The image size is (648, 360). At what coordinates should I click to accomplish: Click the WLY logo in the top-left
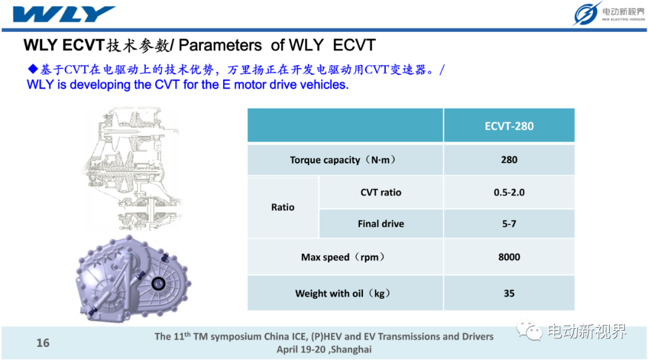(x=64, y=14)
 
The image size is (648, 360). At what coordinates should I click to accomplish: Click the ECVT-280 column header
(x=509, y=125)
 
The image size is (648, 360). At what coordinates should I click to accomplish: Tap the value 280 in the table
(x=509, y=160)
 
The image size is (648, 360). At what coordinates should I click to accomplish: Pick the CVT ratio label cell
(x=380, y=192)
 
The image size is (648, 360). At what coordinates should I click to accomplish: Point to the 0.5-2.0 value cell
(x=509, y=192)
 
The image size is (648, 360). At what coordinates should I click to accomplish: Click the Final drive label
(x=380, y=224)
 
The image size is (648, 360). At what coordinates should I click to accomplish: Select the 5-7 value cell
(x=509, y=224)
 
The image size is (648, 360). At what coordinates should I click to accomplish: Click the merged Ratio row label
(x=283, y=207)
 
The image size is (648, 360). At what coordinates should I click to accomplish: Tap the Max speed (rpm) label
(x=343, y=257)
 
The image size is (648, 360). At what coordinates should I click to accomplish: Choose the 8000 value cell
(x=509, y=257)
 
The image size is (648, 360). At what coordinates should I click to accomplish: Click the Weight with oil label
(x=343, y=293)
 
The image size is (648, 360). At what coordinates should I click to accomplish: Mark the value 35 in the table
(x=509, y=293)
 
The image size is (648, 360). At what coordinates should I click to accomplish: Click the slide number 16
(x=43, y=343)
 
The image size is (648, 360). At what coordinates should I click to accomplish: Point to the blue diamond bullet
(x=32, y=68)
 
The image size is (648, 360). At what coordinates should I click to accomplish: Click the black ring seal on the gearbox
(x=158, y=284)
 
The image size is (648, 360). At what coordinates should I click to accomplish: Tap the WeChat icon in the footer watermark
(x=529, y=331)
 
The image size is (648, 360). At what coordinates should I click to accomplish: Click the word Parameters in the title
(x=220, y=45)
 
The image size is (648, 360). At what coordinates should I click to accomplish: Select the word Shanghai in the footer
(x=351, y=350)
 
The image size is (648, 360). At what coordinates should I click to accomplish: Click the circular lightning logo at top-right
(x=586, y=14)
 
